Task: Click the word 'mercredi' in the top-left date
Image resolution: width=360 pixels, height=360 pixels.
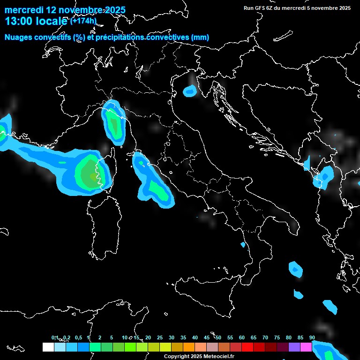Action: (x=24, y=10)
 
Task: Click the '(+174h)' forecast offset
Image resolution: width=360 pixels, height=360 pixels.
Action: (x=83, y=21)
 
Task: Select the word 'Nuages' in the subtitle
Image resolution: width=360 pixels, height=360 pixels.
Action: (x=19, y=37)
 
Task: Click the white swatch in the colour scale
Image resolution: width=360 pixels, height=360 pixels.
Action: (x=48, y=347)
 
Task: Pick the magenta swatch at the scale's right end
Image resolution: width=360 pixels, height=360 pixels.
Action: (x=306, y=347)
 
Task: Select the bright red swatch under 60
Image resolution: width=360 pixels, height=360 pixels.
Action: (x=247, y=347)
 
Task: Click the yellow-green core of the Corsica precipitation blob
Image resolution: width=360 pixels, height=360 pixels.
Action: (x=88, y=174)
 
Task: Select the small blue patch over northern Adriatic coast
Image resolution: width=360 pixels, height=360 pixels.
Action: (x=190, y=91)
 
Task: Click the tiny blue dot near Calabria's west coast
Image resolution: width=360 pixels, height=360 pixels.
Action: (x=243, y=245)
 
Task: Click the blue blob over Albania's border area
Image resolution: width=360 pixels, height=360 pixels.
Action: (x=323, y=177)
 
